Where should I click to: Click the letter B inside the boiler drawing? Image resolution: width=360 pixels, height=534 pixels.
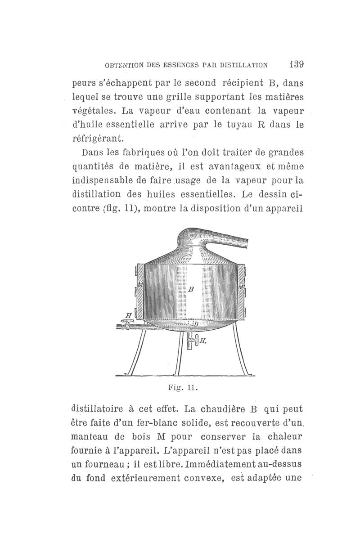point(191,290)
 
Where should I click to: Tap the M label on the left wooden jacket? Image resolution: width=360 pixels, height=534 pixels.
point(140,284)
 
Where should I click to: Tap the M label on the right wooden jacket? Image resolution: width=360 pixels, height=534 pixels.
point(242,286)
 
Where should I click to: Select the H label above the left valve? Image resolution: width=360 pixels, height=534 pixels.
point(128,315)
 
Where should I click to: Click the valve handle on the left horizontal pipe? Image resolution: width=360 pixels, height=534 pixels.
point(127,322)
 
